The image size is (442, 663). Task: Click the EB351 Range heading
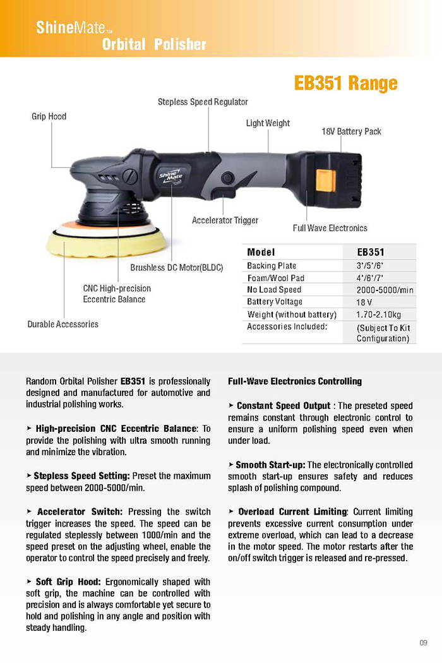coord(345,83)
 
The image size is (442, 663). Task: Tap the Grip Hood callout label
coord(49,116)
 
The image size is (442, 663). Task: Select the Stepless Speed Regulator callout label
coord(203,102)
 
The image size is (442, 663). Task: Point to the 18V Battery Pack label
coord(352,131)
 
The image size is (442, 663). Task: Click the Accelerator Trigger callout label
coord(225,220)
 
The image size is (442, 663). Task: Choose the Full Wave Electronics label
coord(330,228)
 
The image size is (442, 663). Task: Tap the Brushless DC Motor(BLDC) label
coord(177,268)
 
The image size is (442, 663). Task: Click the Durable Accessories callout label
coord(63,324)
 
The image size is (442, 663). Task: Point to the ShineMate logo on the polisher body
coord(170,174)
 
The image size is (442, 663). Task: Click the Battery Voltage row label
coord(275,302)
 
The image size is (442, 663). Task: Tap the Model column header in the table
coord(261,252)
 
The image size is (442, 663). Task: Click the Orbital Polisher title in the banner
coord(154,44)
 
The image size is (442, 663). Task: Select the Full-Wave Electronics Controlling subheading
coord(294,381)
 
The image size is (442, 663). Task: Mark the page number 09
coord(423,643)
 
